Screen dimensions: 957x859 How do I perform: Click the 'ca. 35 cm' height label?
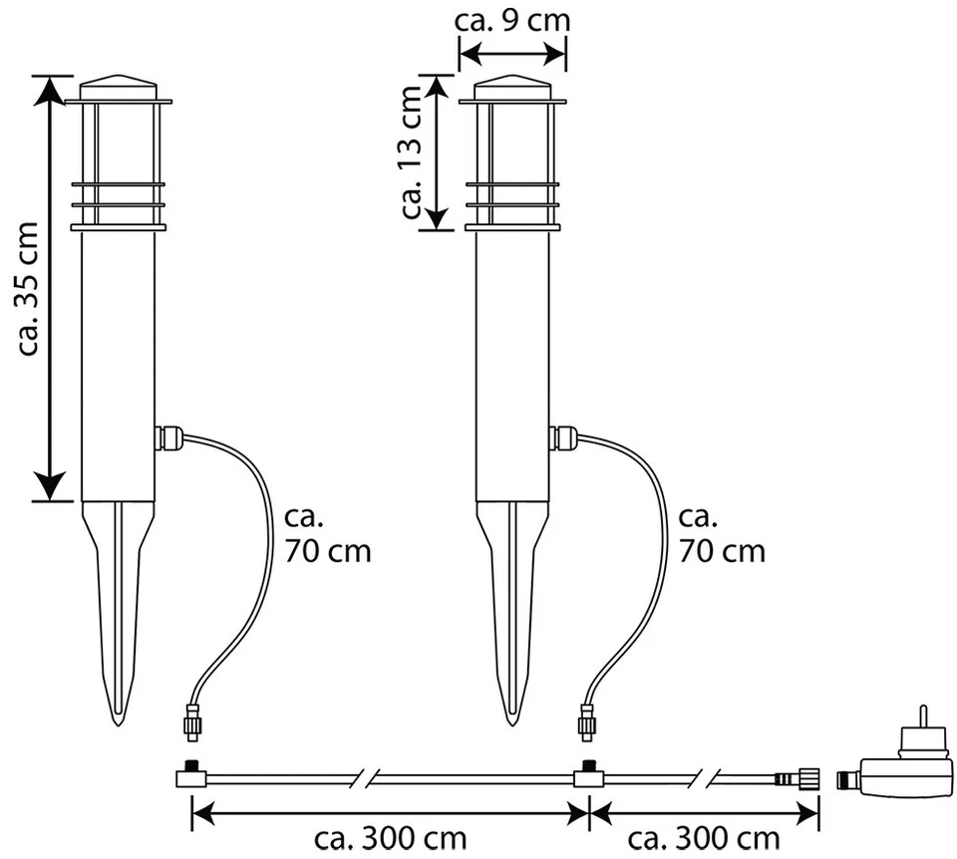click(x=29, y=289)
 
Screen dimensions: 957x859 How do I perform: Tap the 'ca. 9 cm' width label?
click(x=512, y=20)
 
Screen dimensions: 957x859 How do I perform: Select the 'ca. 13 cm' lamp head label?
click(x=412, y=152)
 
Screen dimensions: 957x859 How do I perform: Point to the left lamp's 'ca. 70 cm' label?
click(x=328, y=534)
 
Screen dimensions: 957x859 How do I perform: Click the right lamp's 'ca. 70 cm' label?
click(x=722, y=534)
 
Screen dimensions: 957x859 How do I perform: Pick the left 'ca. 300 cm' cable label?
click(x=391, y=839)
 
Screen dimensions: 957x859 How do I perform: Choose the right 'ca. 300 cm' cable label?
click(x=704, y=839)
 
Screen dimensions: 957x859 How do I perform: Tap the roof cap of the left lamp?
click(x=119, y=88)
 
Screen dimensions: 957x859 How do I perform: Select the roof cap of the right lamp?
click(x=512, y=88)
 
